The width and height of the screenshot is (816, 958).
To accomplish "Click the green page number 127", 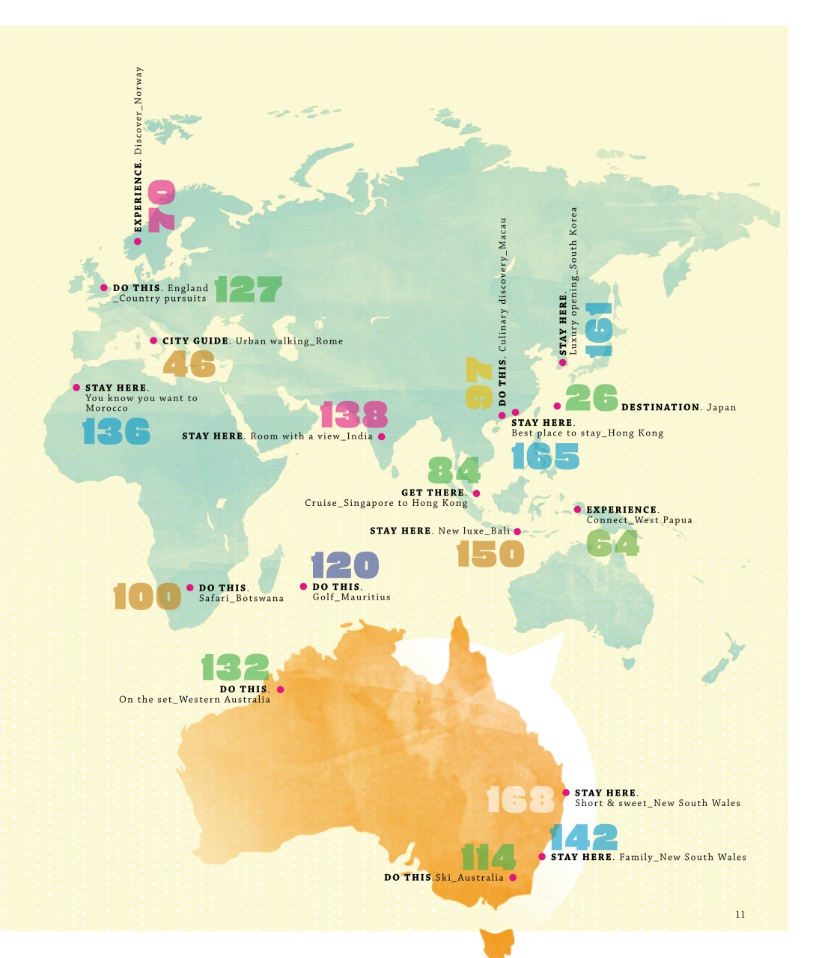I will pos(249,289).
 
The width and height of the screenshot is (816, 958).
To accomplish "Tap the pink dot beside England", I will pos(104,287).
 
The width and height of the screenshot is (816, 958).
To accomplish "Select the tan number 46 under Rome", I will pos(189,364).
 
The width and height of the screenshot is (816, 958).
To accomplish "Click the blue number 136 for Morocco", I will pos(116,432).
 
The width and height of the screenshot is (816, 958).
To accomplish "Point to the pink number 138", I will pos(354,415).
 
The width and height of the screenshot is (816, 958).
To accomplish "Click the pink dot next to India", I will pos(382,436).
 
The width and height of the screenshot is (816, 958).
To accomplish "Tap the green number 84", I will pos(454,471).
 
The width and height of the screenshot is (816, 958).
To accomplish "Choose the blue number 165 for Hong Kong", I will pos(546,456).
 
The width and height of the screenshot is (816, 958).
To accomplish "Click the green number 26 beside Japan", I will pos(591,398).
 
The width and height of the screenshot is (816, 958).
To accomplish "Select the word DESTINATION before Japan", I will pos(660,407).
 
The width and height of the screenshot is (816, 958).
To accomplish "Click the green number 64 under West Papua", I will pos(612,543).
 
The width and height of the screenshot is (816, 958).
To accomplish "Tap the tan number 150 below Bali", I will pos(490,555).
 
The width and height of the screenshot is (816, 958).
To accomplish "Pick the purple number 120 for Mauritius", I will pos(345,566).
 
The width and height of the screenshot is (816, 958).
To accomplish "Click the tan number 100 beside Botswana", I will pos(147,597).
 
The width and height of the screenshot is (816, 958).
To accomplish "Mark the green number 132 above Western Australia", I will pos(235,668).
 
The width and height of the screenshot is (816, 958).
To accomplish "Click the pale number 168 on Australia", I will pos(521,799).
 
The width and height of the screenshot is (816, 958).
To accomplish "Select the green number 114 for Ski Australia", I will pos(488,857).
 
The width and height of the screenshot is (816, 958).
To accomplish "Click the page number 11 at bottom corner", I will pos(740,914).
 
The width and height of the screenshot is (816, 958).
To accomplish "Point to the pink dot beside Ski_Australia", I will pos(513,877).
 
